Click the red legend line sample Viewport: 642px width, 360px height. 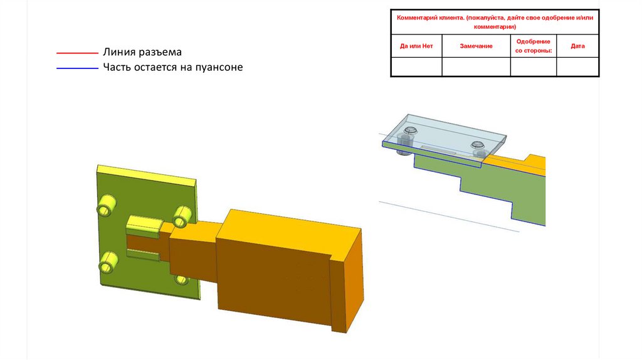(77, 53)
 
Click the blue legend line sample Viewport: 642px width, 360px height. (77, 67)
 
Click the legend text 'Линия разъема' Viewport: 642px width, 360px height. (142, 53)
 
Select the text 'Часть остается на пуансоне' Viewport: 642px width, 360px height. (172, 67)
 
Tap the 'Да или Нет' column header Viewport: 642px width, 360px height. (416, 46)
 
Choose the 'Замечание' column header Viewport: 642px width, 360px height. (476, 46)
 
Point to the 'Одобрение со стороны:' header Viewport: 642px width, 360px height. (534, 46)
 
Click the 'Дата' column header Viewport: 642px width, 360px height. (577, 46)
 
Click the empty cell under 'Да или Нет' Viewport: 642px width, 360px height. (416, 66)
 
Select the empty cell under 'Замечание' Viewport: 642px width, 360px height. (476, 66)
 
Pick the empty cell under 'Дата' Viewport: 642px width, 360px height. (577, 66)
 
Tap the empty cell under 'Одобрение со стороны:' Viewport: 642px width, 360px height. (534, 66)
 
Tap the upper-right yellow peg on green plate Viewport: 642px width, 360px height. (182, 216)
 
